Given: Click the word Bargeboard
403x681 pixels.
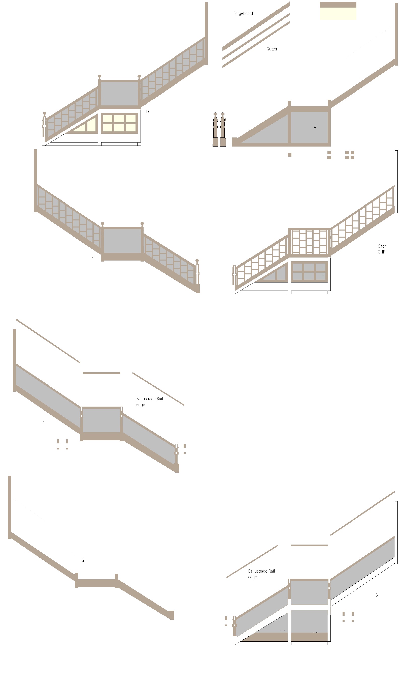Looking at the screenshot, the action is (x=243, y=13).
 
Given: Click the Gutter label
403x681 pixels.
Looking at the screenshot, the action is (x=272, y=49).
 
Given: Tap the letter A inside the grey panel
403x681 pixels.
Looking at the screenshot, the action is (x=315, y=128).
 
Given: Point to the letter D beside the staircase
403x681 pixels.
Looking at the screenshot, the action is (x=147, y=111).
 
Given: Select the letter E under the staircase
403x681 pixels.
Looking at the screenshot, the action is (x=92, y=258).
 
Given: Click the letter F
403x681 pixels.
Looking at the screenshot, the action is (x=43, y=421).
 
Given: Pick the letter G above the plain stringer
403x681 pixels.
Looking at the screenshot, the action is (x=83, y=560).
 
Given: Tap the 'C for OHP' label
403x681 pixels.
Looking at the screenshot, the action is (x=382, y=249).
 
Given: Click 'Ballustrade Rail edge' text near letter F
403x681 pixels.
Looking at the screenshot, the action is (x=149, y=402).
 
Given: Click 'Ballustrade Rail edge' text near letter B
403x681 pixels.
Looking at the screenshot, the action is (x=261, y=574).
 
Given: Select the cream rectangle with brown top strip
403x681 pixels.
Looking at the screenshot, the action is (x=338, y=11).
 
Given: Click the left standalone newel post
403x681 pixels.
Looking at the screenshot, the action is (x=215, y=129).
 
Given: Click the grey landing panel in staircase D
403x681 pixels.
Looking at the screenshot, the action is (x=119, y=94).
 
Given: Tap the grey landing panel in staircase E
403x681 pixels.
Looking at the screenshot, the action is (x=122, y=241).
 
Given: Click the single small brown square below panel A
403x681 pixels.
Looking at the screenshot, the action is (x=289, y=155).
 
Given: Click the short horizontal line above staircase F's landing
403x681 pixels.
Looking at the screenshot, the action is (x=101, y=373).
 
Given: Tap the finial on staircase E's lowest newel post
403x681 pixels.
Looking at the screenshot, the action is (x=197, y=261).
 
